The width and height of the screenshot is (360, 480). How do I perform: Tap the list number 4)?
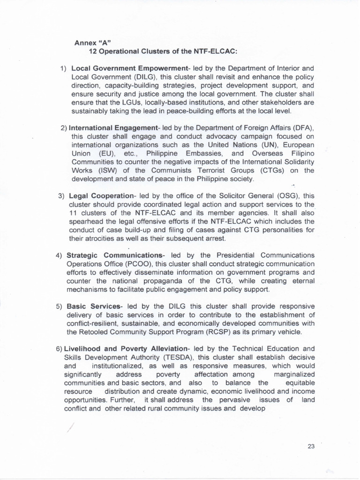tap(59, 255)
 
